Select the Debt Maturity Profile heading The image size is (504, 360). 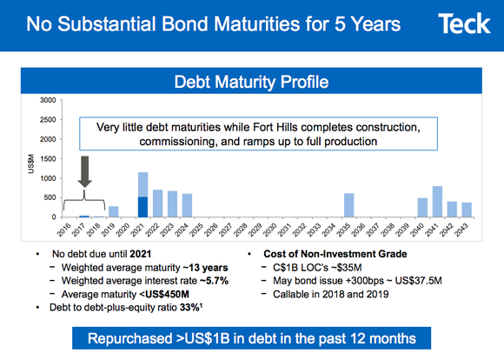click(251, 83)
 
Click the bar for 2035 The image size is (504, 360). click(349, 205)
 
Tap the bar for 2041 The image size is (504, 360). click(437, 202)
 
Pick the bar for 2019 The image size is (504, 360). click(114, 211)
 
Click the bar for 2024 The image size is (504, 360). click(188, 205)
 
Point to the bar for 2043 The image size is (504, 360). click(467, 210)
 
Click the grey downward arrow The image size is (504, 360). click(84, 171)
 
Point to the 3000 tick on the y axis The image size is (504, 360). click(48, 102)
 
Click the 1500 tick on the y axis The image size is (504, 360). click(48, 159)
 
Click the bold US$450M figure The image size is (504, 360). click(182, 295)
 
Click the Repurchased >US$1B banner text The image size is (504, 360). click(251, 337)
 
